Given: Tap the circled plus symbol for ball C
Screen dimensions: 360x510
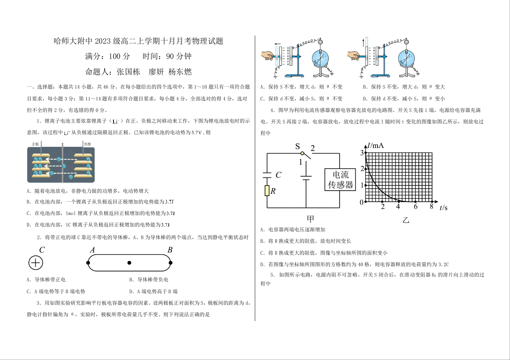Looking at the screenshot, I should [x=36, y=263].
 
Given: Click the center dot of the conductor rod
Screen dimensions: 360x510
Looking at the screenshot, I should [x=129, y=263].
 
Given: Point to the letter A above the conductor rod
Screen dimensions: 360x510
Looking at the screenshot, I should [x=92, y=250].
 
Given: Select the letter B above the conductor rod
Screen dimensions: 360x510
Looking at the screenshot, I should [x=170, y=250].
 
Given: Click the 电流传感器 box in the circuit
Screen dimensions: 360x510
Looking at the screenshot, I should [x=340, y=179].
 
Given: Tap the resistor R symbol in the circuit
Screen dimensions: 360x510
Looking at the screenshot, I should [x=267, y=191].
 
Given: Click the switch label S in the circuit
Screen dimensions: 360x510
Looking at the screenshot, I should [x=297, y=146].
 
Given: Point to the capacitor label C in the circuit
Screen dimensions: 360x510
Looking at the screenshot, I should [x=278, y=175].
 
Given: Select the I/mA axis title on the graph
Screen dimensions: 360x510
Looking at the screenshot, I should [x=376, y=146].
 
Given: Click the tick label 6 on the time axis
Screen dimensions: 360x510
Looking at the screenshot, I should [x=415, y=207].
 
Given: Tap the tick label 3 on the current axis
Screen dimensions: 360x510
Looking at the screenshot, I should [x=362, y=153].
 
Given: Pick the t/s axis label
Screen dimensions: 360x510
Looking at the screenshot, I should [x=443, y=208].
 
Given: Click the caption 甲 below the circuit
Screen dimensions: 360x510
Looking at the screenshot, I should [x=310, y=219].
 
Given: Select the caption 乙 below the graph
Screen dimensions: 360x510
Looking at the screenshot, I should [x=406, y=220].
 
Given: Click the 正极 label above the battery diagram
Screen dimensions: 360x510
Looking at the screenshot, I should [x=35, y=144].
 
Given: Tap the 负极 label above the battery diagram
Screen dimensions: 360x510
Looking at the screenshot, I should [x=87, y=144].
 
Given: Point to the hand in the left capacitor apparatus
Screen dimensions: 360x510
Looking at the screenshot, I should [x=267, y=56].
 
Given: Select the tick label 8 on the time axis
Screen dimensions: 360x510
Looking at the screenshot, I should [x=431, y=207].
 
